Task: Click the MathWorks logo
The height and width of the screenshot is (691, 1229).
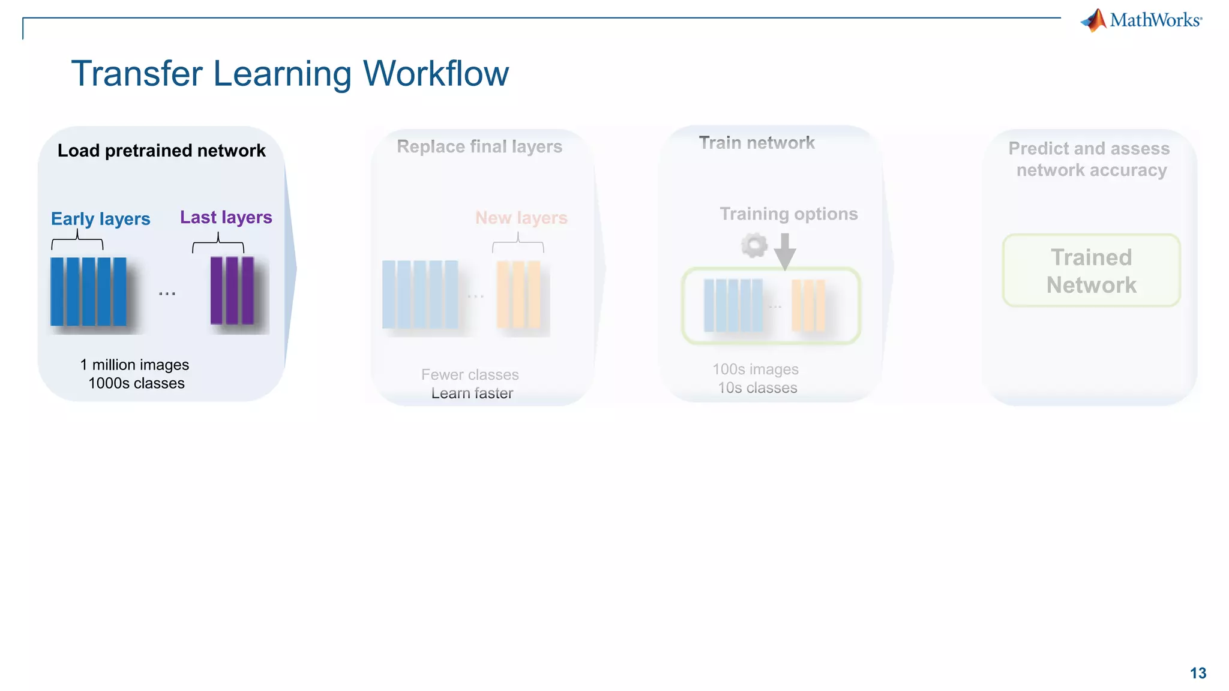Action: pyautogui.click(x=1141, y=20)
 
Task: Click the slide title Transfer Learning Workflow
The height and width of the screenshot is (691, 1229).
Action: pyautogui.click(x=290, y=74)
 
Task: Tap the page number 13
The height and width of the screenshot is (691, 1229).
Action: pyautogui.click(x=1198, y=673)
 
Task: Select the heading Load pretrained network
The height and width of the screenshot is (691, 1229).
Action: pyautogui.click(x=161, y=151)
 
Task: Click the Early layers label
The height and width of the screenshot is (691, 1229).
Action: pyautogui.click(x=100, y=219)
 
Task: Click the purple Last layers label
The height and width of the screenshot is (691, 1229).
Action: pyautogui.click(x=226, y=217)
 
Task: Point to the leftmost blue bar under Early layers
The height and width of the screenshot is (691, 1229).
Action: pyautogui.click(x=57, y=292)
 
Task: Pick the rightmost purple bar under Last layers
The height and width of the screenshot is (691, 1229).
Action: pyautogui.click(x=248, y=290)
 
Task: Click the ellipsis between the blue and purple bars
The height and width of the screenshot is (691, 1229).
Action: pyautogui.click(x=167, y=293)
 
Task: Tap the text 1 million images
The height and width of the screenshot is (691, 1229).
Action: pyautogui.click(x=134, y=365)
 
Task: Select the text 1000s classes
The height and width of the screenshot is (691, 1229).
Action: pyautogui.click(x=136, y=383)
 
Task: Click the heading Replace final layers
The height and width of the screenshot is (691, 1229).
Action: pyautogui.click(x=479, y=147)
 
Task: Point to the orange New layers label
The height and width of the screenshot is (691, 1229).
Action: pyautogui.click(x=521, y=218)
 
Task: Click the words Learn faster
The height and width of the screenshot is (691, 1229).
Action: pyautogui.click(x=472, y=393)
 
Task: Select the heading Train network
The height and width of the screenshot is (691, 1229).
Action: pyautogui.click(x=756, y=143)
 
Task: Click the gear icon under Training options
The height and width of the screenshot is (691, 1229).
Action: pyautogui.click(x=754, y=245)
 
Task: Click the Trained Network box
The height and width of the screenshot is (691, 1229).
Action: pyautogui.click(x=1091, y=271)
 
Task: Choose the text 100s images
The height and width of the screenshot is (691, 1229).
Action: pyautogui.click(x=755, y=369)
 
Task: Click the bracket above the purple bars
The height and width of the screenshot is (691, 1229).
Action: pyautogui.click(x=218, y=244)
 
